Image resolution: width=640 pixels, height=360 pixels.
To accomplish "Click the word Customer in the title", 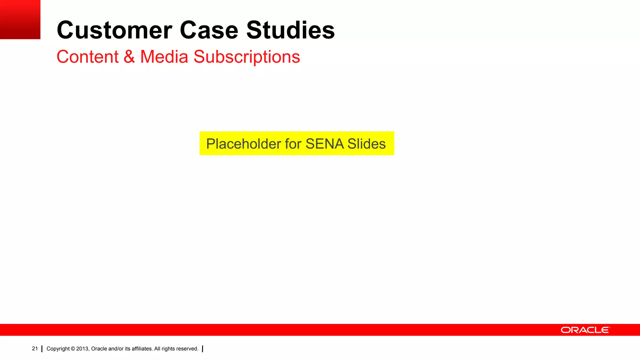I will pyautogui.click(x=114, y=30).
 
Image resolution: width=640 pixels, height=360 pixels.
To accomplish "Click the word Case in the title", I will pyautogui.click(x=209, y=30).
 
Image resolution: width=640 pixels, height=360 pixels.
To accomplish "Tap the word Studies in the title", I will pyautogui.click(x=290, y=30).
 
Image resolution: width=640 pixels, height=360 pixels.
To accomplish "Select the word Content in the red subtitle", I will pyautogui.click(x=87, y=57).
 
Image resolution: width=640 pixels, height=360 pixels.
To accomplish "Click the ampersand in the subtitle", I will pyautogui.click(x=129, y=57).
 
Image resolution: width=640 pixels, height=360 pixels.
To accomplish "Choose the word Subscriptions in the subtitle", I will pyautogui.click(x=247, y=57).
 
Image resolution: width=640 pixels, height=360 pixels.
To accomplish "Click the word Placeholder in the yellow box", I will pyautogui.click(x=243, y=144).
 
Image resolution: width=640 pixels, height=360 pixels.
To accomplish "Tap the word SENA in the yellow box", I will pyautogui.click(x=325, y=144).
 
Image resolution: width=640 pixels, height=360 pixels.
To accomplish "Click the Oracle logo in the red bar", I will pyautogui.click(x=585, y=330).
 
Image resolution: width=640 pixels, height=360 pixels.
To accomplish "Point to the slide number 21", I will pyautogui.click(x=35, y=348).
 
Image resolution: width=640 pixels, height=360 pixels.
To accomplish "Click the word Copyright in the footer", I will pyautogui.click(x=58, y=349).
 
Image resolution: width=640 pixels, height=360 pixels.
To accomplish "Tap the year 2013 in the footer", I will pyautogui.click(x=82, y=349).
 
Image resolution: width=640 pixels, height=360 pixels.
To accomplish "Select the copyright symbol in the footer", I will pyautogui.click(x=73, y=349).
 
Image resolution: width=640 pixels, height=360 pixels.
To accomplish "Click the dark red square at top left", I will pyautogui.click(x=20, y=19).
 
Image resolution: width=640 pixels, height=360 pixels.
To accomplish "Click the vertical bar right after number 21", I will pyautogui.click(x=42, y=349).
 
